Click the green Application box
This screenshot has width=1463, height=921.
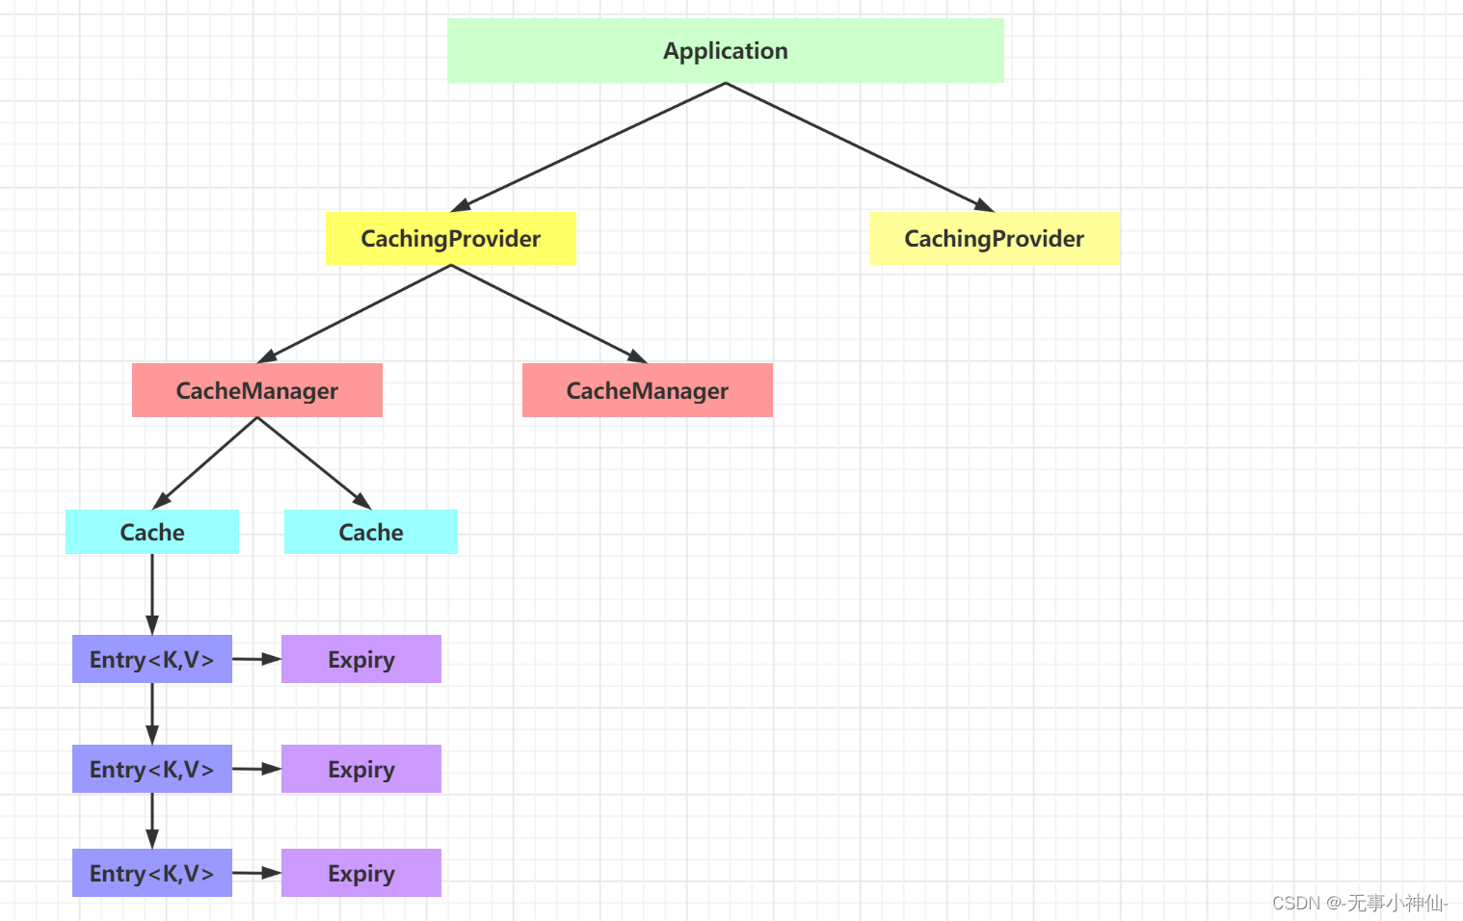point(725,51)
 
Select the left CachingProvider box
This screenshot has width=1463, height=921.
point(450,239)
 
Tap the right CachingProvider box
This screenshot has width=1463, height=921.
point(994,239)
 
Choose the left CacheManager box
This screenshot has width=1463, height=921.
point(256,390)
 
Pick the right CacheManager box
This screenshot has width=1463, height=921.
point(647,390)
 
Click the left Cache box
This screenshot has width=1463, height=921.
point(151,532)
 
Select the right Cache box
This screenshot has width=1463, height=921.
point(370,532)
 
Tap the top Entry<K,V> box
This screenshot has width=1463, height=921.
point(151,659)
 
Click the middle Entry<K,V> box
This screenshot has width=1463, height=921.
point(151,769)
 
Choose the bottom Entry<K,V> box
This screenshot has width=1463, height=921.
point(151,873)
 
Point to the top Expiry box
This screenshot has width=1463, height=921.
point(360,659)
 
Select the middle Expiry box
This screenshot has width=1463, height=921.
point(360,769)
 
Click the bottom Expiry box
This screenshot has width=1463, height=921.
point(360,873)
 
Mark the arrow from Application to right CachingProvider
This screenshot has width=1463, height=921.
point(860,146)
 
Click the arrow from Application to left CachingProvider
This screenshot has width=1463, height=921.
point(588,146)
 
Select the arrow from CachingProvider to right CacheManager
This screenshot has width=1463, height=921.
point(549,314)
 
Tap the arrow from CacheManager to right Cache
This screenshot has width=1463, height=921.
point(314,463)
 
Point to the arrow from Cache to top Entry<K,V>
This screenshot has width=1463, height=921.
point(151,594)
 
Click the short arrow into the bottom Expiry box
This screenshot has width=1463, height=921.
point(256,873)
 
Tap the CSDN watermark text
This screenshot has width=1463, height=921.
point(1359,903)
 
